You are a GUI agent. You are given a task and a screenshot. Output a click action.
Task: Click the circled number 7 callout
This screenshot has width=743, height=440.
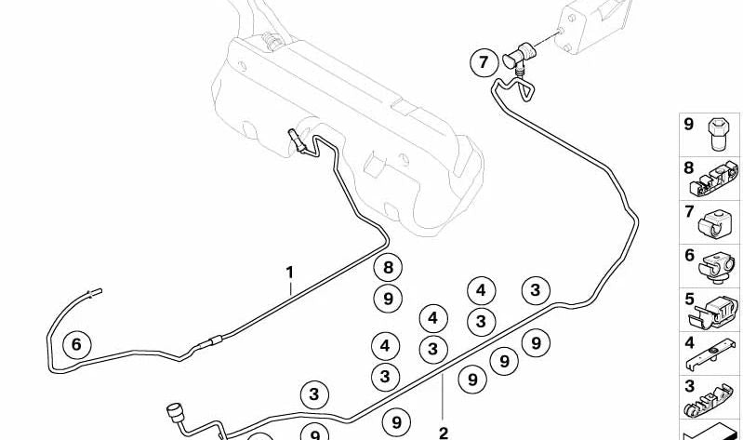[484, 62]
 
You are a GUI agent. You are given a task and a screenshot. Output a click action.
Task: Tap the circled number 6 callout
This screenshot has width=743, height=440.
[77, 344]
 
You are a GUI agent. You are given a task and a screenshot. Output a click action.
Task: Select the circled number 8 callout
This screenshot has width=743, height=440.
[388, 267]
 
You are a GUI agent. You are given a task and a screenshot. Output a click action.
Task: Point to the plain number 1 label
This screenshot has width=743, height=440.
[289, 273]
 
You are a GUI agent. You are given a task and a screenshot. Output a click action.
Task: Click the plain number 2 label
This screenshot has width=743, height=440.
[443, 433]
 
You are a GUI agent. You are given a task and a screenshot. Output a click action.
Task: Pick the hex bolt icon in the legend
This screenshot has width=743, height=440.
[717, 134]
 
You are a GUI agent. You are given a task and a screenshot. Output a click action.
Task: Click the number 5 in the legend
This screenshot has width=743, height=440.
[689, 300]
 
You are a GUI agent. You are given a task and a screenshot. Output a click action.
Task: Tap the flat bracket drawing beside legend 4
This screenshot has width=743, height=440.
[711, 354]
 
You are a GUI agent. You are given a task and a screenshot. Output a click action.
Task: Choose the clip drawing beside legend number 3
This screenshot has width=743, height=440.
[710, 401]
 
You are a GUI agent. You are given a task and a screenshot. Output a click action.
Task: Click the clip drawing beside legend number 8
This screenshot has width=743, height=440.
[714, 180]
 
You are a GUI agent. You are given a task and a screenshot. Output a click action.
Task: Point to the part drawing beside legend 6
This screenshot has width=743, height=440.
[717, 268]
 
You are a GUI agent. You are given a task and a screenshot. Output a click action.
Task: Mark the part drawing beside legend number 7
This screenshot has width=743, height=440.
[716, 224]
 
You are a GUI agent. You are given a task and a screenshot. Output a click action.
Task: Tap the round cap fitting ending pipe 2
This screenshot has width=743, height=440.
[176, 412]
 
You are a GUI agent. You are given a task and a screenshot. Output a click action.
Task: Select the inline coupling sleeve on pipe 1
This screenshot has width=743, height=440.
[210, 341]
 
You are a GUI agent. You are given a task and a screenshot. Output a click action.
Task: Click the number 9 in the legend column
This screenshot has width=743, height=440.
[688, 125]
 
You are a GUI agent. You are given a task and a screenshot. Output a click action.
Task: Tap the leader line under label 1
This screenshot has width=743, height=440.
[291, 288]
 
